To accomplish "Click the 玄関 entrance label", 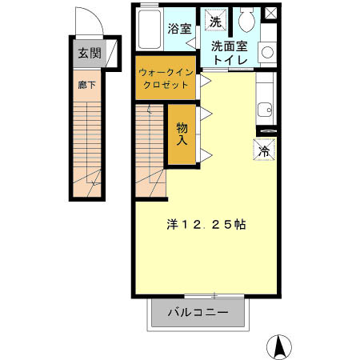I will tap(90, 54).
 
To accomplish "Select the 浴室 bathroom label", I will tap(178, 28).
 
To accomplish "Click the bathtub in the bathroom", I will tap(149, 30).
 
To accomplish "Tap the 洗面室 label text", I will tap(230, 46).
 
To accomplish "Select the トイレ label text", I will tap(230, 59).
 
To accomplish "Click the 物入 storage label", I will tap(183, 134).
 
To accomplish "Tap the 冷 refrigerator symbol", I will tap(265, 149).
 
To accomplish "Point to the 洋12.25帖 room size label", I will tap(206, 225).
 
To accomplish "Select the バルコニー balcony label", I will tap(198, 313).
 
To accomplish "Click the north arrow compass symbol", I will tap(280, 346).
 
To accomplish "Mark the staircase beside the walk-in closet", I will tap(150, 148).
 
